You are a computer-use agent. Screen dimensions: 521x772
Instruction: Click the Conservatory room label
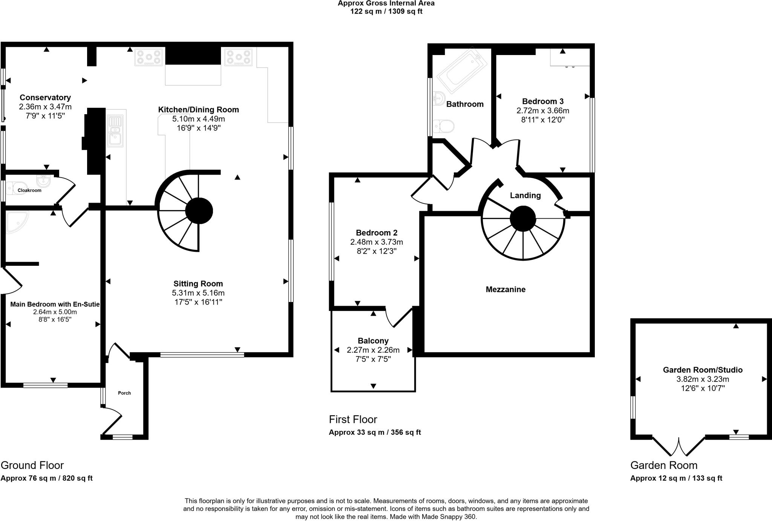point(45,98)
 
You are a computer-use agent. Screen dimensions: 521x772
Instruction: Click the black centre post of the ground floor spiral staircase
point(199,211)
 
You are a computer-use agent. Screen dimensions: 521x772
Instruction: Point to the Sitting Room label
point(198,283)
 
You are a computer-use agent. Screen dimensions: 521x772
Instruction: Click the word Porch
point(124,393)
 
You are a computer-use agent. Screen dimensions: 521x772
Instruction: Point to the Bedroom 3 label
point(542,101)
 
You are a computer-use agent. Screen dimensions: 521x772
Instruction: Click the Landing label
point(525,195)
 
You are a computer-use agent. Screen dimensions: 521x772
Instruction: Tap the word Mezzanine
point(505,290)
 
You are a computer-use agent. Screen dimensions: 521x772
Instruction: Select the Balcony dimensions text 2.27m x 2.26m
point(373,350)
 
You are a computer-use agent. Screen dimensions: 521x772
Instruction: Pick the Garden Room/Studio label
point(702,370)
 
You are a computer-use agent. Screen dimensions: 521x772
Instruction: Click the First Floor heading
point(353,419)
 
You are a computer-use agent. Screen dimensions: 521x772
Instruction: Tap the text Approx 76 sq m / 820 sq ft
point(46,478)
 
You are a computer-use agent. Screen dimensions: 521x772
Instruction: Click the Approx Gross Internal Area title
point(386,3)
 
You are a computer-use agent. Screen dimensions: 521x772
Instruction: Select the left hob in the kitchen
point(149,57)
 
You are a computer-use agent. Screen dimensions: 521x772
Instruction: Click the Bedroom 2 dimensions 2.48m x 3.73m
point(376,242)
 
